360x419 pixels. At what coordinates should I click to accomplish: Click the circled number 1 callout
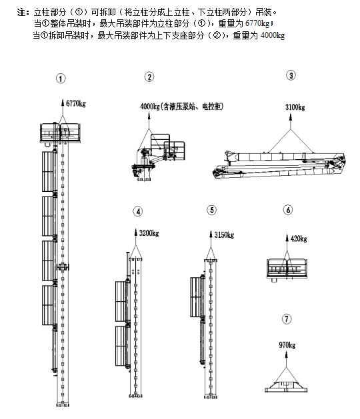pyautogui.click(x=61, y=79)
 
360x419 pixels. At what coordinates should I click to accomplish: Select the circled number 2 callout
pyautogui.click(x=149, y=77)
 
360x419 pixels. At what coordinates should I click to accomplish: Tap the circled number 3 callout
pyautogui.click(x=291, y=75)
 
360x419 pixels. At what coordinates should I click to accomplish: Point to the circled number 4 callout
pyautogui.click(x=138, y=212)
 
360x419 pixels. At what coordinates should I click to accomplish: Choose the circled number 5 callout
pyautogui.click(x=212, y=210)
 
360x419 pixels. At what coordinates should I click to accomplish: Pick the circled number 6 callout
pyautogui.click(x=288, y=210)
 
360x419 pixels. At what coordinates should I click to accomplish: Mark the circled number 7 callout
pyautogui.click(x=287, y=319)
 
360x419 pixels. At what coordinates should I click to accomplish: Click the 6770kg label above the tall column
pyautogui.click(x=76, y=103)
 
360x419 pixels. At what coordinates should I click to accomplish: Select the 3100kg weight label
pyautogui.click(x=295, y=107)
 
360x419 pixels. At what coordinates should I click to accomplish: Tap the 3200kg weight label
pyautogui.click(x=149, y=233)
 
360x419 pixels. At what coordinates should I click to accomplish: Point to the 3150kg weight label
pyautogui.click(x=224, y=235)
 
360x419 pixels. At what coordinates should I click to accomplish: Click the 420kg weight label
pyautogui.click(x=299, y=238)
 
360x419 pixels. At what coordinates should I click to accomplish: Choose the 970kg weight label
pyautogui.click(x=287, y=345)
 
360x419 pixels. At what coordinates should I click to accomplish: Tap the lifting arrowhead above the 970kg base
pyautogui.click(x=286, y=354)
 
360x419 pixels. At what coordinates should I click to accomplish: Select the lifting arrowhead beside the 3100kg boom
pyautogui.click(x=291, y=117)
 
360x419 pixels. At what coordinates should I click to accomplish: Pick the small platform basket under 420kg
pyautogui.click(x=287, y=269)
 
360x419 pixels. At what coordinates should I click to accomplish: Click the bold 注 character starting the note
pyautogui.click(x=22, y=12)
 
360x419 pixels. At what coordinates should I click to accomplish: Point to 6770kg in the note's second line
pyautogui.click(x=257, y=23)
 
